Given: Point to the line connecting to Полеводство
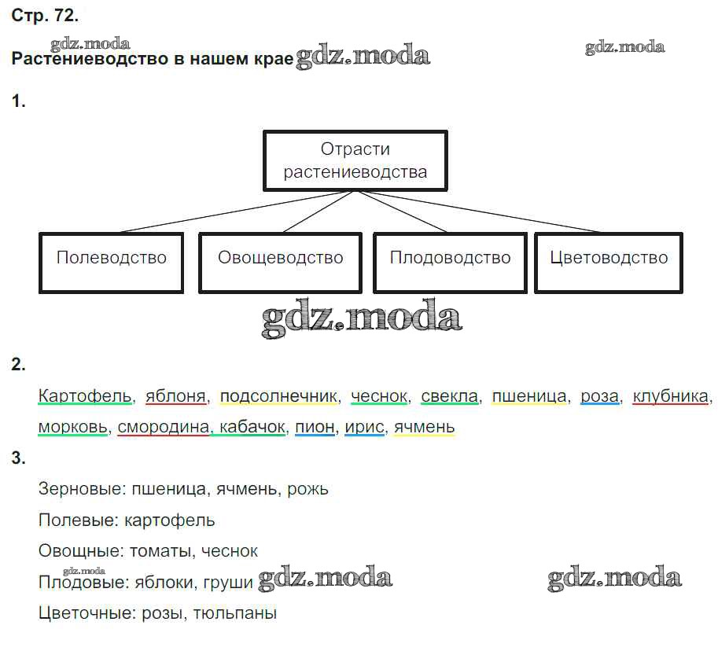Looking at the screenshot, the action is click(236, 211).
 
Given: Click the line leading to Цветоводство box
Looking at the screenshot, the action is click(478, 211).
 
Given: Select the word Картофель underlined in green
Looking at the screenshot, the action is click(85, 396).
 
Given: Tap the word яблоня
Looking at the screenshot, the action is click(176, 396).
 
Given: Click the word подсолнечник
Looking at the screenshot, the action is click(278, 396).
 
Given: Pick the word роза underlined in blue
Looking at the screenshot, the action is click(600, 396).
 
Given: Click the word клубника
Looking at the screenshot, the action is click(670, 396).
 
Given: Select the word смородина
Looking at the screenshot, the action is click(164, 427).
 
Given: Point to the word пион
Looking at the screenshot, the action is click(315, 427).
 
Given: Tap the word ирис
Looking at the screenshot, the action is click(364, 428).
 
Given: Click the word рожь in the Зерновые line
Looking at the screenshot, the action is click(307, 490).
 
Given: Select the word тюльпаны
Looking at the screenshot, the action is click(235, 613).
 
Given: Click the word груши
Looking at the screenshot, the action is click(228, 583).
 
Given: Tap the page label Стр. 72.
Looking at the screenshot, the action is click(45, 16).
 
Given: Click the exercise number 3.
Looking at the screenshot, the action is click(18, 458).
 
